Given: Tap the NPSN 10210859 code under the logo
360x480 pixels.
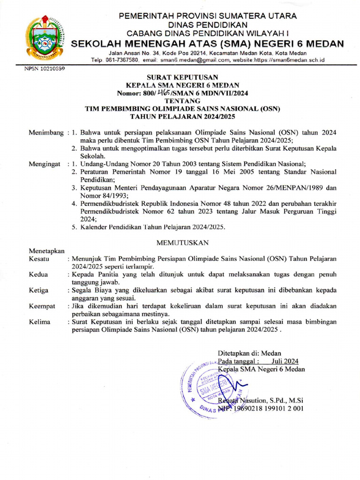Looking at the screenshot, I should pyautogui.click(x=44, y=68).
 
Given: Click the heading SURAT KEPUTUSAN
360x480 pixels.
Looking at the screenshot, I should pyautogui.click(x=182, y=77).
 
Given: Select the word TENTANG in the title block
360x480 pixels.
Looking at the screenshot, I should pyautogui.click(x=182, y=101).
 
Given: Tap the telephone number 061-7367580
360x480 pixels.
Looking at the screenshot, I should pyautogui.click(x=122, y=60).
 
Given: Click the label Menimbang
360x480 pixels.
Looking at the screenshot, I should pyautogui.click(x=46, y=133).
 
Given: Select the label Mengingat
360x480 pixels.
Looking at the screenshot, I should pyautogui.click(x=45, y=164).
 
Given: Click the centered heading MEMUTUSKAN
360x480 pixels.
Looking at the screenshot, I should pyautogui.click(x=182, y=242).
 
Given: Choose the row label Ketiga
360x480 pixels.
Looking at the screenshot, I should pyautogui.click(x=38, y=290).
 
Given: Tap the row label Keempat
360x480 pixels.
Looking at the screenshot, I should pyautogui.click(x=42, y=306).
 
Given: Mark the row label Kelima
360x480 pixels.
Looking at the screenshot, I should pyautogui.click(x=39, y=322).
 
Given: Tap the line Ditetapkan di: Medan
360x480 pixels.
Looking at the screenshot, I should pyautogui.click(x=249, y=353).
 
